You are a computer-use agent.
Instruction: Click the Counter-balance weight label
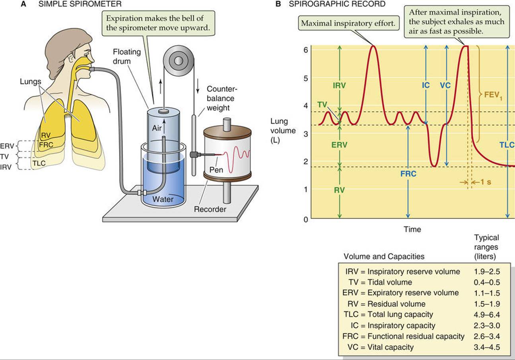[220, 99]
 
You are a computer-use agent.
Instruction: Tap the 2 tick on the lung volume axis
[305, 162]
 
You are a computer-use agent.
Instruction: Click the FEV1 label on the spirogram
[492, 95]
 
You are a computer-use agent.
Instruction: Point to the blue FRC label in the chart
[408, 174]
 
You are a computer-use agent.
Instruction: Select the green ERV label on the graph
[339, 145]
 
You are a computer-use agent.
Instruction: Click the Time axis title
[412, 229]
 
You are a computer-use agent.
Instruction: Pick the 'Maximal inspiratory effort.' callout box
[348, 23]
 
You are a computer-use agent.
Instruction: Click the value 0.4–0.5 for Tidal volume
[487, 282]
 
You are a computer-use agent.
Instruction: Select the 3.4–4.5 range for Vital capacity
[487, 347]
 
